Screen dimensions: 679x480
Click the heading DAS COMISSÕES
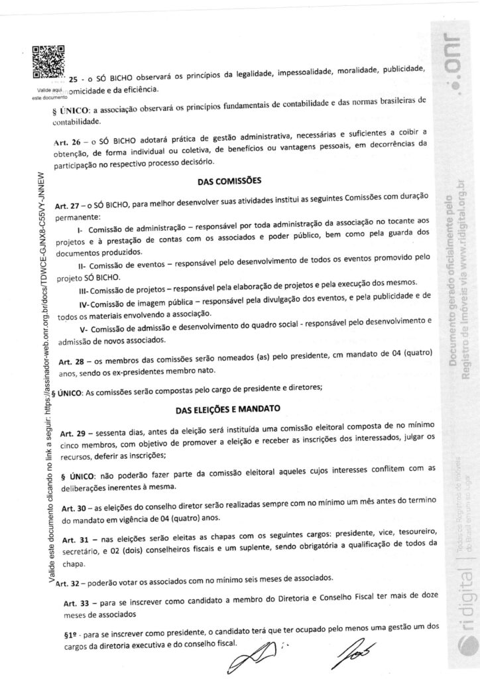pyautogui.click(x=229, y=180)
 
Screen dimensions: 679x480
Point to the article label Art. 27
pyautogui.click(x=70, y=205)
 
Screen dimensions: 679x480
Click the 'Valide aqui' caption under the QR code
pyautogui.click(x=49, y=90)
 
